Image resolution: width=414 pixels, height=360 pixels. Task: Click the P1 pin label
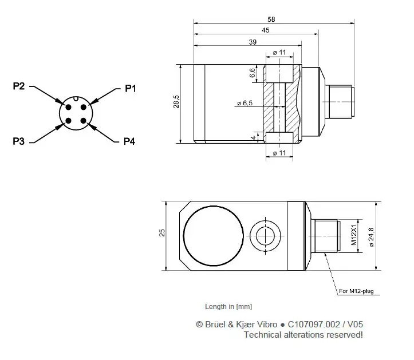pos(131,89)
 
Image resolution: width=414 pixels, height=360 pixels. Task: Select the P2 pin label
pos(19,86)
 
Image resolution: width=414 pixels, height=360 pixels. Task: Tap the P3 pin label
pos(19,141)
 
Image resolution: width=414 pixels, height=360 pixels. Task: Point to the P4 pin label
pos(129,141)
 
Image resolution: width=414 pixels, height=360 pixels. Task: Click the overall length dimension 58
pos(271,19)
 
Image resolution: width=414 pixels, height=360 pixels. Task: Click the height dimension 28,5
pos(176,102)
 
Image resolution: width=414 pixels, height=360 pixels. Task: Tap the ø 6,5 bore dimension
pos(245,104)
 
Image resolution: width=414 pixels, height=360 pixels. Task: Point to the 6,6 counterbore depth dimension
pos(253,73)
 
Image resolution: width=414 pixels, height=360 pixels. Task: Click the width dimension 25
pos(162,232)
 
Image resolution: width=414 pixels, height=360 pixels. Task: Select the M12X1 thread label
pos(353,235)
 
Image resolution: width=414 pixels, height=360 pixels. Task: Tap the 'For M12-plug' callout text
pos(356,291)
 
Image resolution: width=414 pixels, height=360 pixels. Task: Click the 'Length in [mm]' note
pos(228,307)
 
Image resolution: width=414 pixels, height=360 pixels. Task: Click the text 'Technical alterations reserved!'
pos(303,335)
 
